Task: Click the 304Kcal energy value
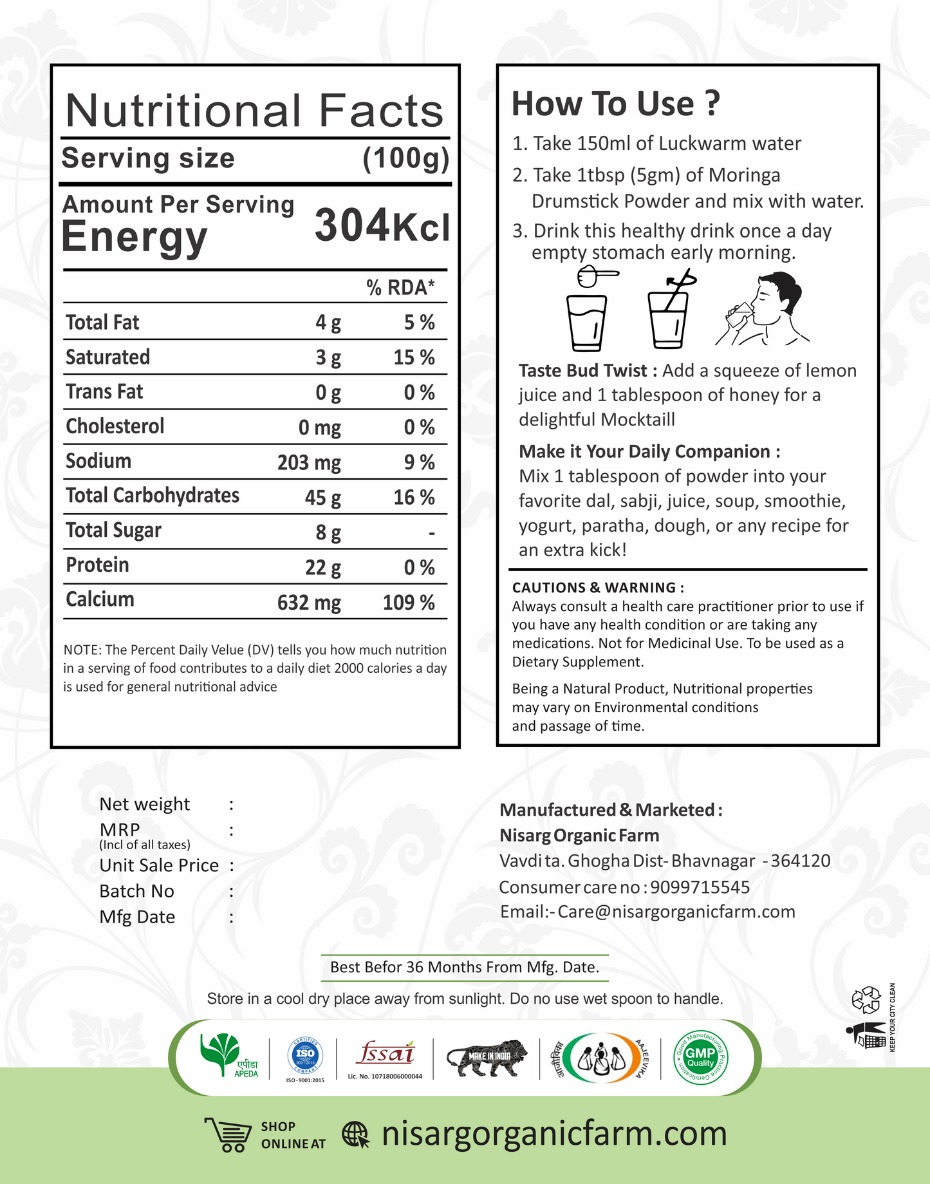click(x=382, y=227)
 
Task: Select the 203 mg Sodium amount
click(x=309, y=463)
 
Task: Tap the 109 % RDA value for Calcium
click(x=409, y=603)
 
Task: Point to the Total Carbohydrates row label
click(x=153, y=496)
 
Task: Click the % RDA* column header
click(x=400, y=287)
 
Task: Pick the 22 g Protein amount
click(x=322, y=568)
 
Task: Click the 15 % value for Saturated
click(x=414, y=358)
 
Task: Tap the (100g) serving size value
click(x=405, y=158)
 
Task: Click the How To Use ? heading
click(x=615, y=104)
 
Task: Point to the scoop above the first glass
click(x=596, y=275)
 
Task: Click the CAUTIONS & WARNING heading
click(x=597, y=588)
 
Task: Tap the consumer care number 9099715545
click(x=700, y=887)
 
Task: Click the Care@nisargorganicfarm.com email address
click(x=676, y=912)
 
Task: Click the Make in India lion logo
click(x=487, y=1057)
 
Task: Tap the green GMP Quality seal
click(x=700, y=1057)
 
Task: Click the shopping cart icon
click(x=228, y=1134)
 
